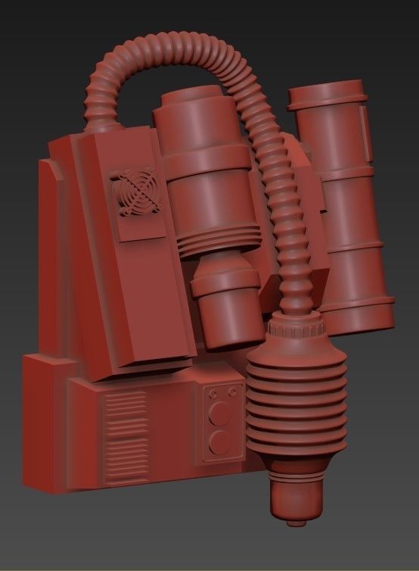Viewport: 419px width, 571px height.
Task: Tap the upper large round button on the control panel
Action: pos(221,413)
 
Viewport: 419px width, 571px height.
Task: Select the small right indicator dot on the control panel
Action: pos(227,393)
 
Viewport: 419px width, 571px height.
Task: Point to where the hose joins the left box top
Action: pos(103,124)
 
